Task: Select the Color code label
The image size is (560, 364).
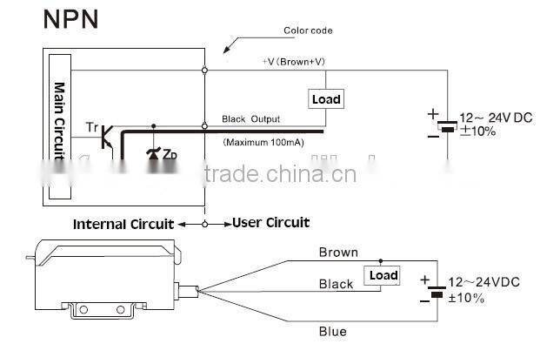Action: (309, 31)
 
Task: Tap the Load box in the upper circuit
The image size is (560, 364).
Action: (326, 99)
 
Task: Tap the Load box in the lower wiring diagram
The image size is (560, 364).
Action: (383, 276)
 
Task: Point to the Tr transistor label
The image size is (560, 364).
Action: (92, 128)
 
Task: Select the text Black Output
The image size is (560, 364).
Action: (253, 118)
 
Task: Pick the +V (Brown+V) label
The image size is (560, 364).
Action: (300, 62)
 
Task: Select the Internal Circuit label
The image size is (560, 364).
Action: (123, 224)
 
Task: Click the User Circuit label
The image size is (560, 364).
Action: (270, 223)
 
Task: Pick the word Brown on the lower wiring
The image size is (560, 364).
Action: (338, 253)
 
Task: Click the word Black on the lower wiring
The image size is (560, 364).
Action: (337, 284)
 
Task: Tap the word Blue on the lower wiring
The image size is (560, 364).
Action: (333, 331)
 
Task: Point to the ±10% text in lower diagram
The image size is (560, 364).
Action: (466, 299)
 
